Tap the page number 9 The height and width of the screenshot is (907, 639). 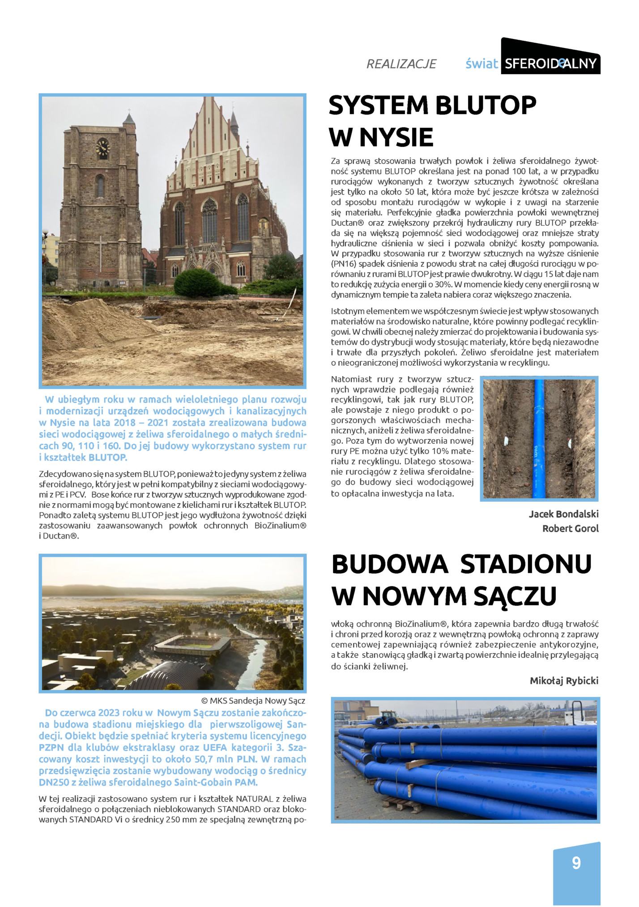[576, 863]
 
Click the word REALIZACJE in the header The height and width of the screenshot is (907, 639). [401, 64]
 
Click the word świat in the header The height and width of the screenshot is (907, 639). [481, 64]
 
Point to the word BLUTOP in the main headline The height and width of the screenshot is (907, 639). [485, 106]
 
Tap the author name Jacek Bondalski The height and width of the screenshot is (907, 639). [563, 514]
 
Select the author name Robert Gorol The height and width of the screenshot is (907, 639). [570, 528]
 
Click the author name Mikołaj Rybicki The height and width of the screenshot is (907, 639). [564, 681]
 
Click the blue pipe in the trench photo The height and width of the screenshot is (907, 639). [539, 438]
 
